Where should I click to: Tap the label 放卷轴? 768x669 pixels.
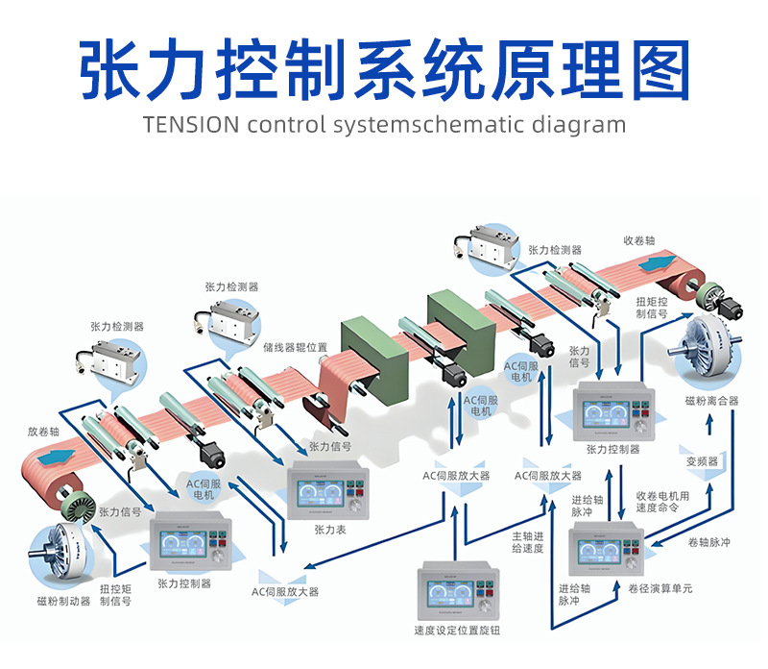click(44, 432)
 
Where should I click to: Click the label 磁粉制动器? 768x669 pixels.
click(63, 601)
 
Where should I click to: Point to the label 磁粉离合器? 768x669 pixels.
click(711, 400)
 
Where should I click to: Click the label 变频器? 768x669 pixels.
click(702, 460)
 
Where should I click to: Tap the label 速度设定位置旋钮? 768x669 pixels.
click(457, 631)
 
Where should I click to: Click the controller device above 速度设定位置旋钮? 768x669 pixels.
click(458, 589)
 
